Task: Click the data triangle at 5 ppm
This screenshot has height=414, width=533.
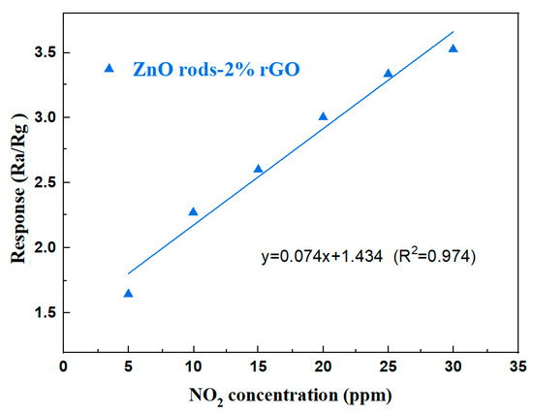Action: pos(128,293)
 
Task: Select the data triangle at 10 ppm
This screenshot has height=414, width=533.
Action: pos(193,211)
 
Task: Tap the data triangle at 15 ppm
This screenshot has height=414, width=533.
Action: pos(258,169)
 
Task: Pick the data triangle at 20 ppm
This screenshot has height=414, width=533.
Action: pos(323,116)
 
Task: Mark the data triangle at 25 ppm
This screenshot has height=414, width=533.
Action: pos(388,73)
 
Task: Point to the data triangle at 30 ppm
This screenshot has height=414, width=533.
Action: pos(453,48)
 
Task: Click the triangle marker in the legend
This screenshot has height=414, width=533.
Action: pos(109,68)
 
